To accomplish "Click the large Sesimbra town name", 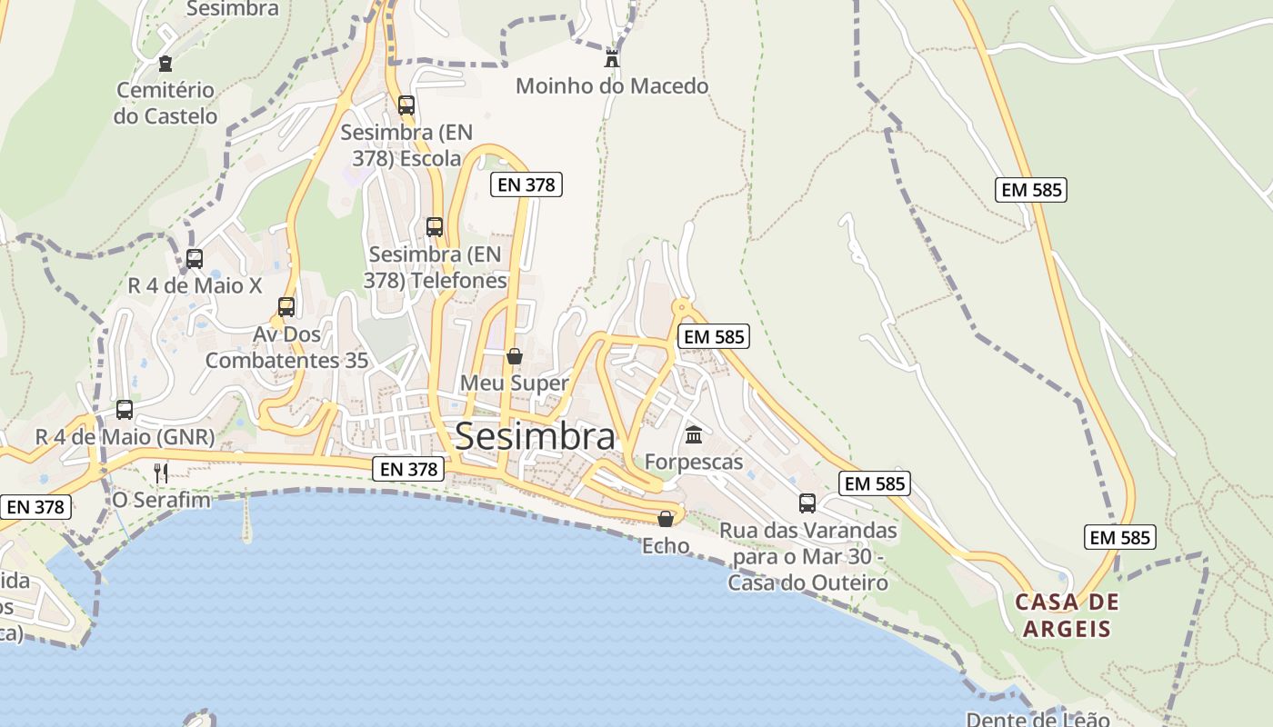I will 535,436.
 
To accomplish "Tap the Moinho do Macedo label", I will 612,86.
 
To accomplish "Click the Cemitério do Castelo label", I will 165,103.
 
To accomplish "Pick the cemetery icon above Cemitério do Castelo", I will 165,64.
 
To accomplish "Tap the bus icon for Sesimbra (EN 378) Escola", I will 406,105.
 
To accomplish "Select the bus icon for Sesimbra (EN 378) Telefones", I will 435,227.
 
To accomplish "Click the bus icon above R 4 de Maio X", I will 194,259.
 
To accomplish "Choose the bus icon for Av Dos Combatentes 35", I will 286,307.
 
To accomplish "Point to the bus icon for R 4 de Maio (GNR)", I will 125,410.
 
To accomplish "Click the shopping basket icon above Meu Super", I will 515,356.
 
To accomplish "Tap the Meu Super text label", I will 515,383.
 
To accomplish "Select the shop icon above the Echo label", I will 666,519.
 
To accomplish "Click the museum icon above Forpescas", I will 694,434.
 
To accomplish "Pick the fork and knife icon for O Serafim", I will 161,473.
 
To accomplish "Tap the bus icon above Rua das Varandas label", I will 807,503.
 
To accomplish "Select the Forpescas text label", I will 694,462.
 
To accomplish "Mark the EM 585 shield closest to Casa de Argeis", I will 1120,537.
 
